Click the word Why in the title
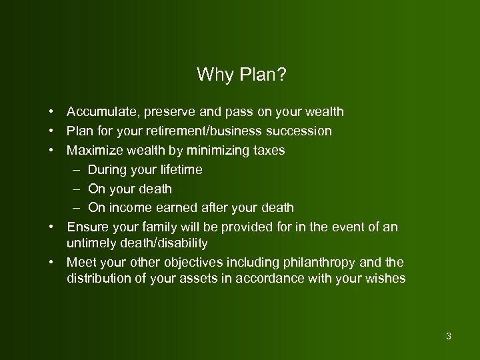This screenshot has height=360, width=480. click(x=213, y=75)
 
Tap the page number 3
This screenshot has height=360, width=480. click(x=449, y=335)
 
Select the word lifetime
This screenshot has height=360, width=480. click(x=181, y=169)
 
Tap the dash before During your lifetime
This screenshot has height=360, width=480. click(x=77, y=170)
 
